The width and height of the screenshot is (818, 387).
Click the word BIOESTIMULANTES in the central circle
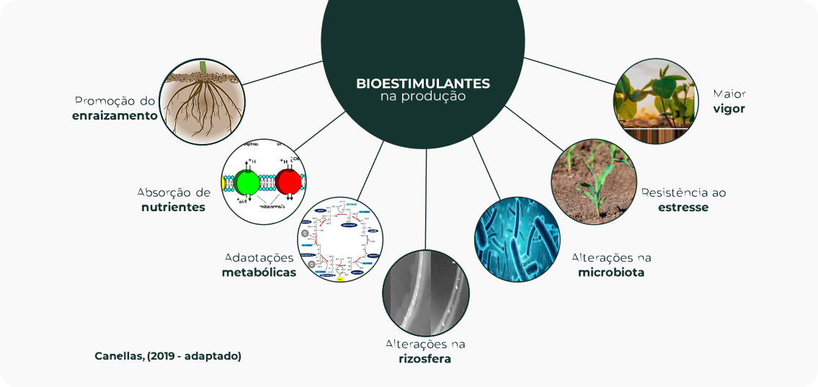pyautogui.click(x=422, y=83)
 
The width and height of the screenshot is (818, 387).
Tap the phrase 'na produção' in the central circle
pyautogui.click(x=422, y=97)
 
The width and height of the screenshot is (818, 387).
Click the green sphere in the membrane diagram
pyautogui.click(x=247, y=182)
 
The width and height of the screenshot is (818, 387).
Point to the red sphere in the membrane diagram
pyautogui.click(x=289, y=182)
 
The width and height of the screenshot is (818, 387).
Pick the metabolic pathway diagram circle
pyautogui.click(x=340, y=239)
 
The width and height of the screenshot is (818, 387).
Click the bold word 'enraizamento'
pyautogui.click(x=115, y=115)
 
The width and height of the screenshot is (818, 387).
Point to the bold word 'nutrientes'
pyautogui.click(x=173, y=207)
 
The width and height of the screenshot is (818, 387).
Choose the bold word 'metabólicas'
pyautogui.click(x=259, y=272)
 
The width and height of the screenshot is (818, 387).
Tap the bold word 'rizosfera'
pyautogui.click(x=424, y=358)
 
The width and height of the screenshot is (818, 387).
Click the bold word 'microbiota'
pyautogui.click(x=611, y=272)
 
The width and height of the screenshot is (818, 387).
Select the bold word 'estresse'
pyautogui.click(x=683, y=207)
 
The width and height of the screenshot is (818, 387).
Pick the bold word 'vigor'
pyautogui.click(x=729, y=109)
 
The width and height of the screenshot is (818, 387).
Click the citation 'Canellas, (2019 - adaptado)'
pyautogui.click(x=168, y=356)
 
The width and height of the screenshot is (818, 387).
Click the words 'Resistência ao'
pyautogui.click(x=683, y=192)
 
